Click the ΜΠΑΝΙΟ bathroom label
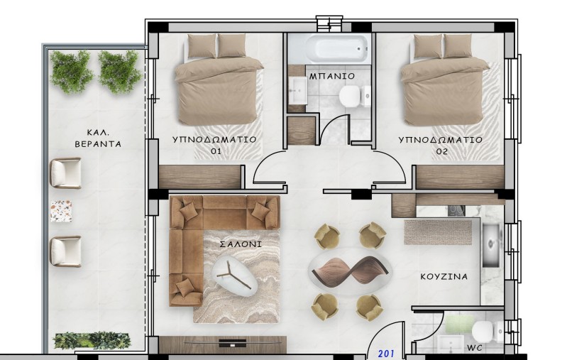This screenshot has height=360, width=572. pyautogui.click(x=332, y=76)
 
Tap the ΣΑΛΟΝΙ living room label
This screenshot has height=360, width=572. pyautogui.click(x=241, y=244)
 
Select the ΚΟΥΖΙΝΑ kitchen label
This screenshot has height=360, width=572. pyautogui.click(x=444, y=276)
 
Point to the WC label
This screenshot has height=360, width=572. pyautogui.click(x=475, y=348)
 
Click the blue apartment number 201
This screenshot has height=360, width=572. pyautogui.click(x=386, y=354)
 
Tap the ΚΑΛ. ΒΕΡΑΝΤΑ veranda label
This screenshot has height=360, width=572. pyautogui.click(x=98, y=138)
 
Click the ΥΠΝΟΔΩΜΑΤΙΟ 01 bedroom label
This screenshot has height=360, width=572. pyautogui.click(x=214, y=145)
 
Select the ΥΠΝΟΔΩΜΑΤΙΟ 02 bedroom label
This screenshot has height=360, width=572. pyautogui.click(x=440, y=146)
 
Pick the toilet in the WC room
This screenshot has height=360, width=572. pyautogui.click(x=488, y=332)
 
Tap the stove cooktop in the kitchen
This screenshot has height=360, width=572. pyautogui.click(x=456, y=210)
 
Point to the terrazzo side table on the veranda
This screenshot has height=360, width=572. pyautogui.click(x=60, y=211)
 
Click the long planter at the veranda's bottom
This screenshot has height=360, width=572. pyautogui.click(x=92, y=340)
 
